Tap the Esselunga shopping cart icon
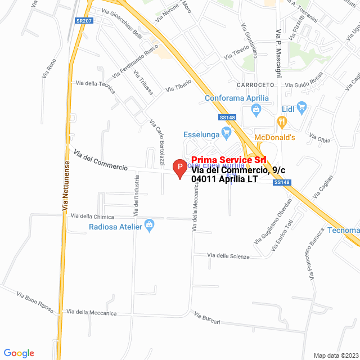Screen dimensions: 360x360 pos(227,134)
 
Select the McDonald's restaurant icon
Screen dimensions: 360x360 pos(282,120)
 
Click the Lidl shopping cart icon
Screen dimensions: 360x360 pos(301,107)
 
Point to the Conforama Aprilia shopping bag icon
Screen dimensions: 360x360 pos(256,109)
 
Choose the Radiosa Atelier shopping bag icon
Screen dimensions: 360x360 pos(149,226)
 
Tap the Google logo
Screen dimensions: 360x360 pos(19,353)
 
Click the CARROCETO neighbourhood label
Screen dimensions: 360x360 pos(255,84)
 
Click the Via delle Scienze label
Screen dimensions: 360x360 pos(228,256)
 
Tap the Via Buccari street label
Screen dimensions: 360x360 pos(207,318)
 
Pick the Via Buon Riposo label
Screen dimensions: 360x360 pos(35,301)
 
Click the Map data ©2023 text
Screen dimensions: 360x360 pos(335,355)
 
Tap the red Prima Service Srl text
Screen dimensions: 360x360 pos(228,160)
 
